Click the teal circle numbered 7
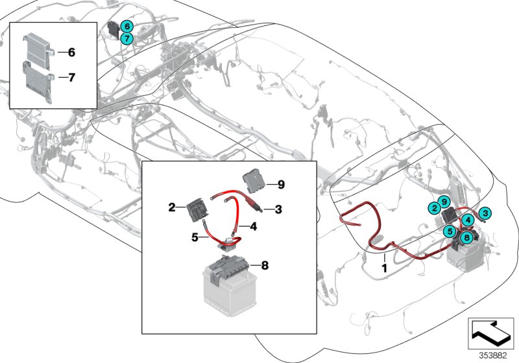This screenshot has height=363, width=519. pos(127,38)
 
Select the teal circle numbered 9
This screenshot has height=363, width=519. pos(444,201)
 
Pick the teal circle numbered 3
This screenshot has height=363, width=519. pos(485,211)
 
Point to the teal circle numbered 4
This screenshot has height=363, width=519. pos(467,220)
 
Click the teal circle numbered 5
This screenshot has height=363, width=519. pos(450,230)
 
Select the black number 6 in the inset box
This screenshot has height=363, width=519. pos(71,51)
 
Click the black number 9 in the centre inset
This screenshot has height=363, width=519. pos(281,185)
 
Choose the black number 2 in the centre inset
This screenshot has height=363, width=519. pos(172,207)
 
